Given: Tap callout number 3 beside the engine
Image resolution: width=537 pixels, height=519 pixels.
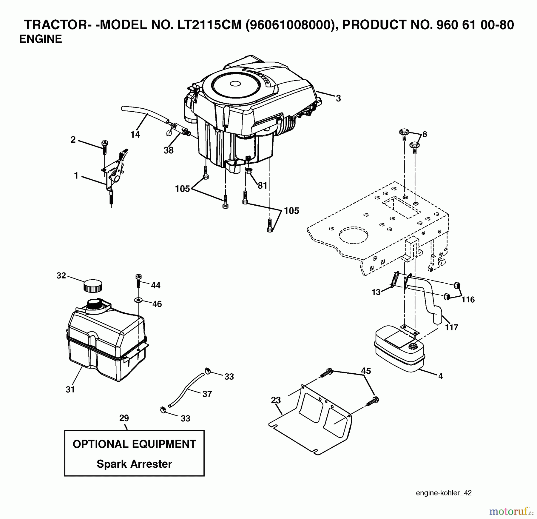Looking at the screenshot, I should pyautogui.click(x=338, y=98).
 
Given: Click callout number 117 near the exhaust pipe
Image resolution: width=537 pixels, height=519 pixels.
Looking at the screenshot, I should pyautogui.click(x=451, y=327).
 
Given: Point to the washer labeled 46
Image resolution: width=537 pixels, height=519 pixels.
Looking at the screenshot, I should pyautogui.click(x=138, y=299).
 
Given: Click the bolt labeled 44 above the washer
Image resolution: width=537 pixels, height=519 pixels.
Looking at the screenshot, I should pyautogui.click(x=138, y=281).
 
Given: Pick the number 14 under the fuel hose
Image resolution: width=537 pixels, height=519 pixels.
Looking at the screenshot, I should pyautogui.click(x=135, y=135).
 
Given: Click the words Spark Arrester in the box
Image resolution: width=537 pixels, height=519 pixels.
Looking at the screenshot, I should pyautogui.click(x=134, y=464).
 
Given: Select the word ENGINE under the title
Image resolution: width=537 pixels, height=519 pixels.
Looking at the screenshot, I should pyautogui.click(x=41, y=39).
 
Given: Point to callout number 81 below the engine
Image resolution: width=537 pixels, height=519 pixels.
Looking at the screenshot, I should pyautogui.click(x=262, y=186).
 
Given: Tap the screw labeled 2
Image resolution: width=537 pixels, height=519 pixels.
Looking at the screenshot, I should pyautogui.click(x=105, y=147).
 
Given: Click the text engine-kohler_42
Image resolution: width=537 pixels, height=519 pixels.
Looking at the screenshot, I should pyautogui.click(x=444, y=493).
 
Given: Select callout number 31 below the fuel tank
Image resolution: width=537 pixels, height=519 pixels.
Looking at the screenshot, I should pyautogui.click(x=70, y=389).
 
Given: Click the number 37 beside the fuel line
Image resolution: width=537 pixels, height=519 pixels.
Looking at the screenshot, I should pyautogui.click(x=207, y=394).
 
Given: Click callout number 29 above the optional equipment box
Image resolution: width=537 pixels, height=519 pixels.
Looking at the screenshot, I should pyautogui.click(x=124, y=418).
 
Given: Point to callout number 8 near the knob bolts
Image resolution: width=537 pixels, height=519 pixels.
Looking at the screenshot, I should pyautogui.click(x=425, y=134).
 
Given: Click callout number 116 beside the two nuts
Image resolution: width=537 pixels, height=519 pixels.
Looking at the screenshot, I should pyautogui.click(x=468, y=299).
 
